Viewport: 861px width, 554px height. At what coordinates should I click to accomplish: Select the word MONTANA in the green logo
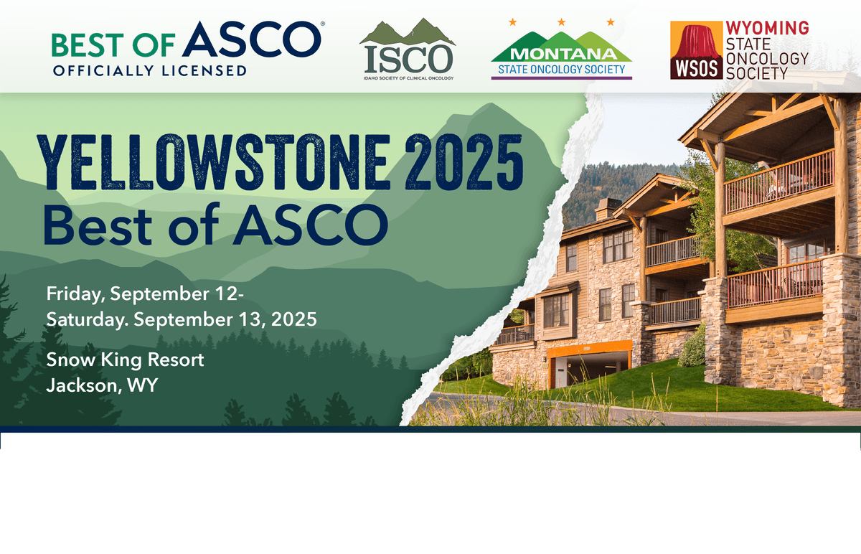tap(562, 55)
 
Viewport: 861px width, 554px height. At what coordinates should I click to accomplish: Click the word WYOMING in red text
tap(767, 28)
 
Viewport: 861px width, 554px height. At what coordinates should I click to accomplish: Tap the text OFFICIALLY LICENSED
tap(149, 70)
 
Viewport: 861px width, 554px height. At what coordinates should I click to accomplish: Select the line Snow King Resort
tap(125, 360)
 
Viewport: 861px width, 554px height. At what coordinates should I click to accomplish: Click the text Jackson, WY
tap(102, 385)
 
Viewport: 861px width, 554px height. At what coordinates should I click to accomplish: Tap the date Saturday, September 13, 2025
tap(181, 319)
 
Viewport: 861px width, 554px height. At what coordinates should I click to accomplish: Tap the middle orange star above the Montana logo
tap(562, 22)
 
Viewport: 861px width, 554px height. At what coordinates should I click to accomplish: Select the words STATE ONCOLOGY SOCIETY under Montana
tap(562, 70)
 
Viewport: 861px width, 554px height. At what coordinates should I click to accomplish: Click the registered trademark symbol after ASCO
tap(322, 24)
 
